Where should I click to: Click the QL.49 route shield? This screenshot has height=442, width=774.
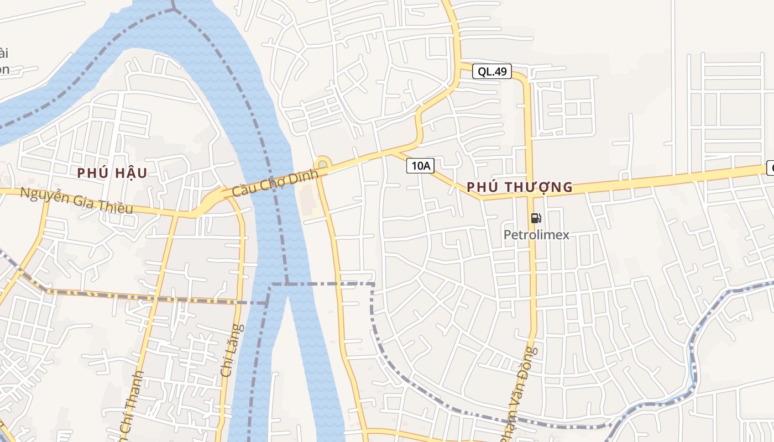(x=492, y=71)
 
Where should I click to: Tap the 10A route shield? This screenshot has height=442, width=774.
(x=420, y=165)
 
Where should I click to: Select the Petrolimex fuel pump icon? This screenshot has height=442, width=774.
(x=536, y=218)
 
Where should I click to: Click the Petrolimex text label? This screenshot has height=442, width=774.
(x=536, y=235)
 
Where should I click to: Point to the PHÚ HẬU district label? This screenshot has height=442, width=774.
(x=112, y=173)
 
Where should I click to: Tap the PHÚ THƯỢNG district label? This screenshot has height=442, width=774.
(x=520, y=187)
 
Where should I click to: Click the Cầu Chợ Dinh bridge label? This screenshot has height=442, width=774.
(x=276, y=183)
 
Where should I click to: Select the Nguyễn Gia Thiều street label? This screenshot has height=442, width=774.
(x=77, y=201)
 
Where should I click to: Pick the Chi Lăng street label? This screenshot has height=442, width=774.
(x=232, y=351)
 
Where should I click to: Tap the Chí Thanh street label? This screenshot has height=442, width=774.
(x=133, y=406)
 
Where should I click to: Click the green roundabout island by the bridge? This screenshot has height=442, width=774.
(x=322, y=164)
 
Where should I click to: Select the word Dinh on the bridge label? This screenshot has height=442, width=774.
(x=307, y=176)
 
